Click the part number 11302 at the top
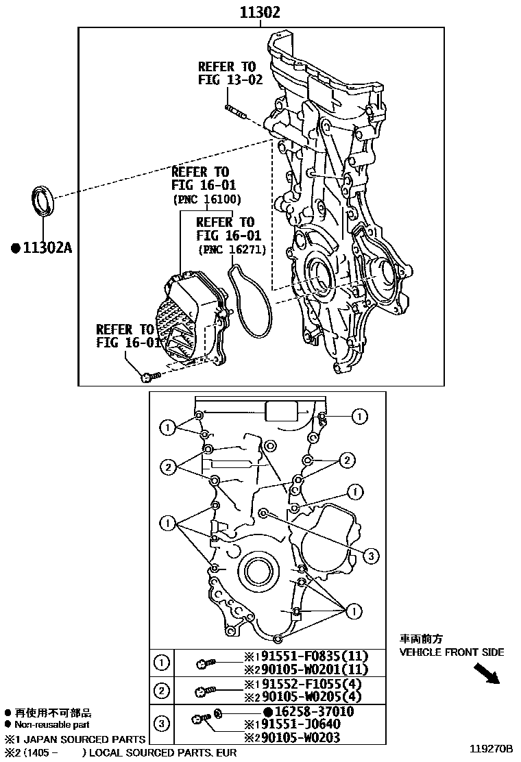[x=260, y=12]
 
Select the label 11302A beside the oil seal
[x=41, y=247]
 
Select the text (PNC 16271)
[x=232, y=250]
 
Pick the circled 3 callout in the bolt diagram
[x=369, y=556]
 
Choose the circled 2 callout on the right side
[x=348, y=459]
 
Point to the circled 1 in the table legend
[x=161, y=663]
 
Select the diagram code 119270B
[x=491, y=748]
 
